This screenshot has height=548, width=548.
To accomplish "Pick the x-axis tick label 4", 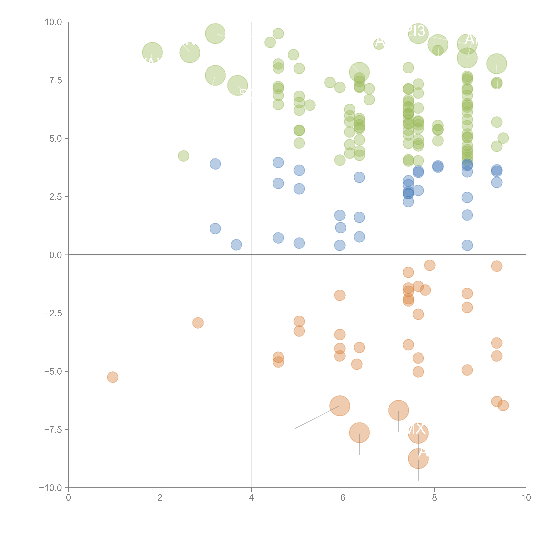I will click(251, 498).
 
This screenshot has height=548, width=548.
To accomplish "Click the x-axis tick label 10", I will click(526, 498).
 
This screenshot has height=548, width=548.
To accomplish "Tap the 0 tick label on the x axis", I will click(68, 498).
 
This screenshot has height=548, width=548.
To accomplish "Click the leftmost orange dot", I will click(113, 377).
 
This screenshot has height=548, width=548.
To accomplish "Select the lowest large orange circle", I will click(418, 459).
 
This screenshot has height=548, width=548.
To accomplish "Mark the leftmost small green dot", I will click(183, 156).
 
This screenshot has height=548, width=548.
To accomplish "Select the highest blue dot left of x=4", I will click(215, 164).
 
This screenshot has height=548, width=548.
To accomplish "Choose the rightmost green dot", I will click(503, 138).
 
